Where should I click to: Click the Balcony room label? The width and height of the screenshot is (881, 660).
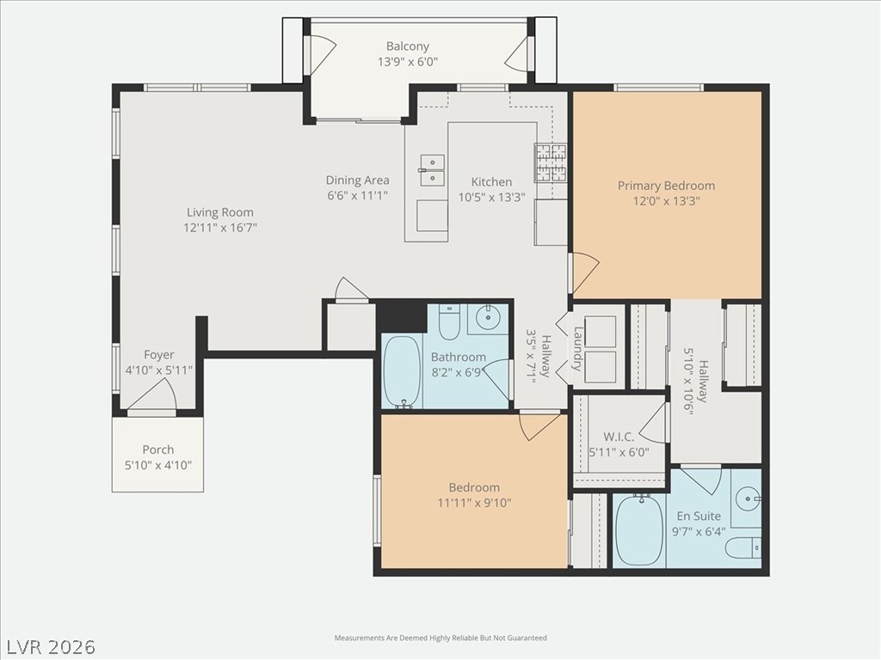coord(407,46)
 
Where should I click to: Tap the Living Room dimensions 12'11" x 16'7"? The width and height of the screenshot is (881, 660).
coord(220,228)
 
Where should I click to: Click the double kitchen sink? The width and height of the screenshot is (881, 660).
coord(432,170)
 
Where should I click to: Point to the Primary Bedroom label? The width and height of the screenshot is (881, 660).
coord(666,186)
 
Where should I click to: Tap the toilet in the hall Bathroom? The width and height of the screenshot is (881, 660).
coord(449,321)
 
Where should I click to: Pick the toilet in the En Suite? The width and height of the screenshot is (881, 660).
coord(742,547)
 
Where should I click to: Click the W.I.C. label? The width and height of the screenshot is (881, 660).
coord(619,437)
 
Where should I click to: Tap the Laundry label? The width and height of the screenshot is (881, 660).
coord(578,348)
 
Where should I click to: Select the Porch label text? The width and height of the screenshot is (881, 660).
coord(157,449)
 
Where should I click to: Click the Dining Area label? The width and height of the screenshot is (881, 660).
coord(357,180)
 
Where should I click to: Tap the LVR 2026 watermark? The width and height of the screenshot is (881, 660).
coord(50,646)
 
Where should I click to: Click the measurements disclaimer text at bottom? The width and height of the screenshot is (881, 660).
coord(440,638)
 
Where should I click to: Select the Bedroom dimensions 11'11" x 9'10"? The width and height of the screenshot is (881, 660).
coord(473,504)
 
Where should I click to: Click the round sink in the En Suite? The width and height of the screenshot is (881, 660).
coord(749,498)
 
